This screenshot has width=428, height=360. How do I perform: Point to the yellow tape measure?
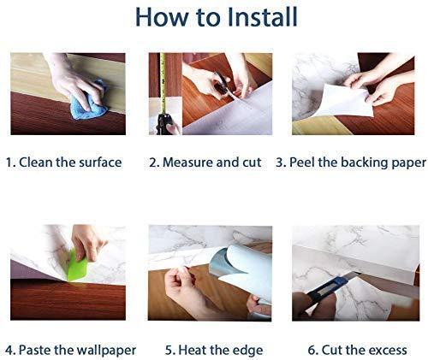(x=161, y=94)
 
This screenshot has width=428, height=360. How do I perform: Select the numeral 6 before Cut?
(x=312, y=350)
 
